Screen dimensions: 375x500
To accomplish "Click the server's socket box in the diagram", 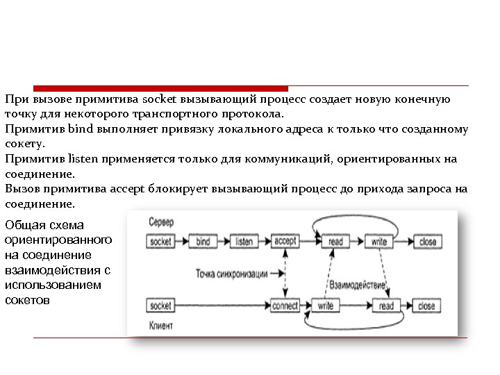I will tap(160, 242).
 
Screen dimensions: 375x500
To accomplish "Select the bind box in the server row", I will tap(203, 242).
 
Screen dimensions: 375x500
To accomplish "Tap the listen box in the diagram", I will tap(244, 242).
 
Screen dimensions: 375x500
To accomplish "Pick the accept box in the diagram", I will tap(285, 242).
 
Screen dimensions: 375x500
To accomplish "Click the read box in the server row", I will tap(335, 242).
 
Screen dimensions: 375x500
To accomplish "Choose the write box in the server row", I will tap(379, 242).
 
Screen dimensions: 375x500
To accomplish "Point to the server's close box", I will tap(428, 242).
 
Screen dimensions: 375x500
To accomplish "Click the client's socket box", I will tap(160, 306).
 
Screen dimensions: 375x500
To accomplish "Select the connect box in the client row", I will tap(285, 306).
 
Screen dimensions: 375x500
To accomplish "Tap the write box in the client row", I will tap(326, 306).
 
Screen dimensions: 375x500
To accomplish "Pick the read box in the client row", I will tap(386, 306).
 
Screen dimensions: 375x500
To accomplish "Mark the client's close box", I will tap(426, 306).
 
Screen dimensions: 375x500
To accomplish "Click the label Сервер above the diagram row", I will tap(161, 222).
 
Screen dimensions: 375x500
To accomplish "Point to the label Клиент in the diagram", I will tap(161, 324).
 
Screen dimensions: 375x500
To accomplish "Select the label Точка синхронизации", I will tap(227, 273).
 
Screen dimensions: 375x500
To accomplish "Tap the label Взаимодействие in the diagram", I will tap(358, 285).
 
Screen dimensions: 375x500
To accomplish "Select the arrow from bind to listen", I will tap(224, 242).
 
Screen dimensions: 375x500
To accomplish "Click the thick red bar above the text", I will tap(160, 89).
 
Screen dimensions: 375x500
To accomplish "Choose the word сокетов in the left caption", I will tap(27, 300).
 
